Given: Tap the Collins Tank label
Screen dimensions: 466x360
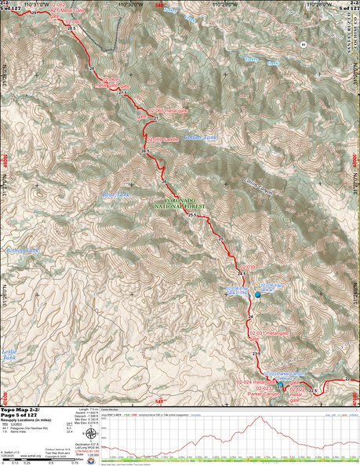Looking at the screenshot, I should (x=199, y=137).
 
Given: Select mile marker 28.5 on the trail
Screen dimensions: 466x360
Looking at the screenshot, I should (x=71, y=28).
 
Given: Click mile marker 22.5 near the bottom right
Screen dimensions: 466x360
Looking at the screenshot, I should (x=311, y=390).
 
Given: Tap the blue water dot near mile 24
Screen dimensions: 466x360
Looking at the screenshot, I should (x=258, y=294).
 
